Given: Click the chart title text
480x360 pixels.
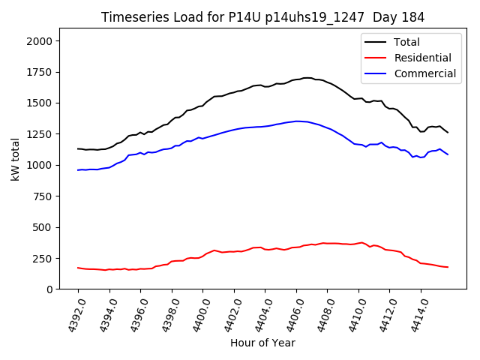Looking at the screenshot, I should coord(262,17).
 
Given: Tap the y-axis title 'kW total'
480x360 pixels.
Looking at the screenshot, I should coord(15,159).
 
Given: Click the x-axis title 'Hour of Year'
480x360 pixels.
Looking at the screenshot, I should coord(262,343).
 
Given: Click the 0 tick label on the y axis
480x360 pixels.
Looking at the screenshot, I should coord(50,289).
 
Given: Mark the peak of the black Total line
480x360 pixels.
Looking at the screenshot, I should coord(307,77).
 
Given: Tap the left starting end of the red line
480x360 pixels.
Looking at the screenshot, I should coord(77,268).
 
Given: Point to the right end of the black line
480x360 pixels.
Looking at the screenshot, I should coord(448,133).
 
